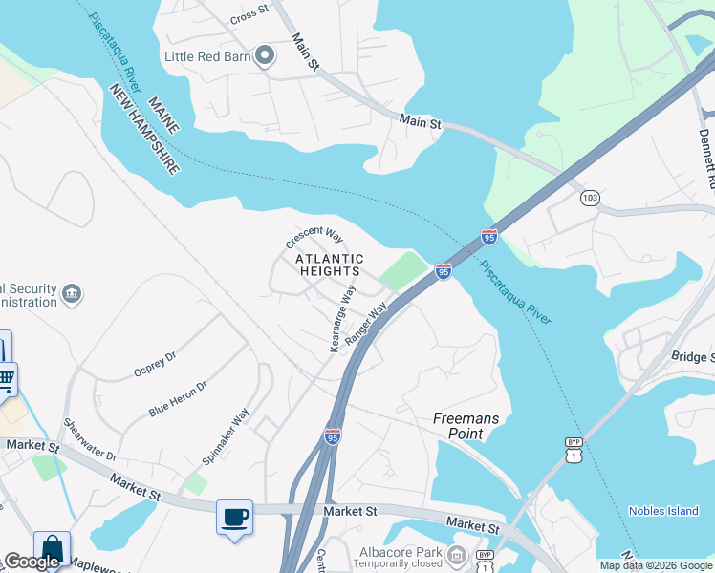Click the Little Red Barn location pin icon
coord(265,56)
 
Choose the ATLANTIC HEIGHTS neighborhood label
coord(329,265)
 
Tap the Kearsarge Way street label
coord(342,318)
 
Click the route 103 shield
coord(590,198)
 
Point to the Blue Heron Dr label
coord(178,398)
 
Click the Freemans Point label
coord(466,426)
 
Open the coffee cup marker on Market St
coord(234,517)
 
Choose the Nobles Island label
coord(662,511)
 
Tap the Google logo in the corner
coord(32,562)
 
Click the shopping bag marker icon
coord(52,549)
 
